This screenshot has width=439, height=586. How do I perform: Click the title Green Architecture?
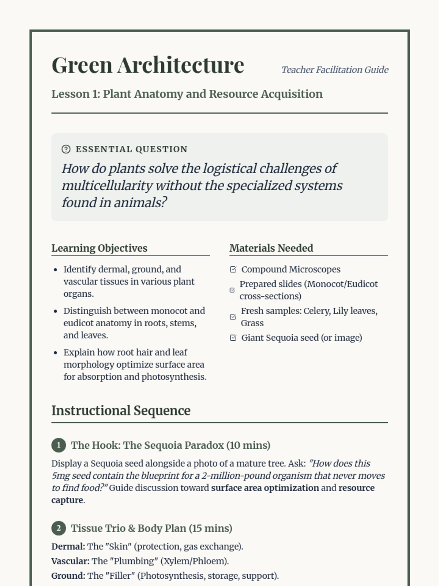coord(148,66)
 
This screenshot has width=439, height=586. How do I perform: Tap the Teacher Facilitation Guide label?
coord(335,70)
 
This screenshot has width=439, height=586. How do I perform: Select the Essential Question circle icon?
coord(66,149)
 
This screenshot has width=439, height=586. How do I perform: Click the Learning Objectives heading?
coord(99,248)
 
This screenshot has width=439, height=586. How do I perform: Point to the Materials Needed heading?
coord(271,248)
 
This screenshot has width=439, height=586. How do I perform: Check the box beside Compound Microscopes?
coord(233,270)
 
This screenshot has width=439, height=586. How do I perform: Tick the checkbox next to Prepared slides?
coord(232,290)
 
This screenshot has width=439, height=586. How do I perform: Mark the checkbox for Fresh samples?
coord(233,317)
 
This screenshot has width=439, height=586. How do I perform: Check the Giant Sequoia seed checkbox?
coord(233,338)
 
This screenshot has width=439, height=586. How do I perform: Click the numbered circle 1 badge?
coord(59,445)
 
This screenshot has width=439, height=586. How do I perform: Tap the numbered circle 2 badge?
coord(59,528)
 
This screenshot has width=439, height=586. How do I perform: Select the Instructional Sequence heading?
coord(121,411)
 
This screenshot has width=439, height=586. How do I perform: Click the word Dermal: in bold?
coord(68,546)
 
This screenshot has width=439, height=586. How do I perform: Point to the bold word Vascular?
coord(70,561)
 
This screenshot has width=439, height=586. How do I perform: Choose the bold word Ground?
coord(68,576)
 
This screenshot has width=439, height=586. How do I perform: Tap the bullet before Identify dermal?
coord(56,270)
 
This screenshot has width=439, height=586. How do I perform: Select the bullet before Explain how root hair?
coord(56,353)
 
